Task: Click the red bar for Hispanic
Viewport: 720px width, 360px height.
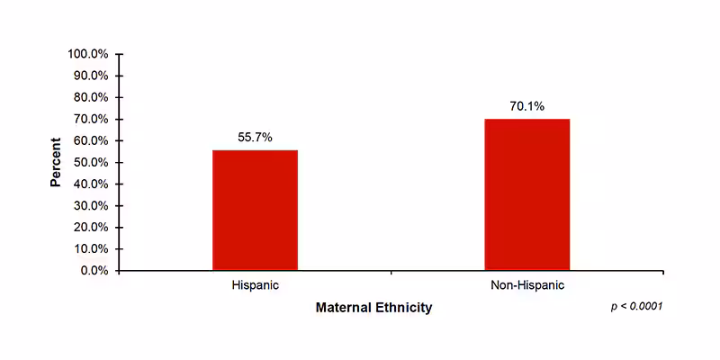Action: click(x=255, y=210)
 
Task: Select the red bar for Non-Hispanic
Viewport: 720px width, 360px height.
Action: click(x=526, y=194)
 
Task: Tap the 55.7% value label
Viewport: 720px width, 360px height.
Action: click(x=255, y=137)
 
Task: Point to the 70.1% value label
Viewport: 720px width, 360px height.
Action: click(x=526, y=106)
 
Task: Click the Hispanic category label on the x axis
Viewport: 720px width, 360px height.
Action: click(x=255, y=285)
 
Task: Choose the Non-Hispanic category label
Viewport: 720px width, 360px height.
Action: click(x=526, y=285)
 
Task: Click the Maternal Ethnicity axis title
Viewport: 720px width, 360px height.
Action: click(x=373, y=308)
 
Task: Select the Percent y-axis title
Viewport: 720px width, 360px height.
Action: click(x=56, y=162)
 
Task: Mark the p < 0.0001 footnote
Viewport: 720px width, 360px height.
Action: click(x=636, y=307)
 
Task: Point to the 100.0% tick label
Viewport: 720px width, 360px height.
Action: click(x=88, y=54)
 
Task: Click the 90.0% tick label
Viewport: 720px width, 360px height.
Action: click(x=91, y=76)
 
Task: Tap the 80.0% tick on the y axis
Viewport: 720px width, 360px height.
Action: click(x=91, y=97)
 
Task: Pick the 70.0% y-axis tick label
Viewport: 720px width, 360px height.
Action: click(x=91, y=119)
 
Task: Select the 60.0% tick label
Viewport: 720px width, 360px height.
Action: click(x=91, y=140)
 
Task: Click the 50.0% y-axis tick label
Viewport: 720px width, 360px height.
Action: click(x=91, y=162)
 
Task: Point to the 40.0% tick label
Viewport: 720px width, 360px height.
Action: click(x=91, y=184)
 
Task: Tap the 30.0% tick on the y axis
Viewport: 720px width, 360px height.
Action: click(x=91, y=205)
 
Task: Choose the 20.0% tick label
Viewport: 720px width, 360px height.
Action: click(x=91, y=227)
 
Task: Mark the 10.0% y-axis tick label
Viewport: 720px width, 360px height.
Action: click(x=91, y=248)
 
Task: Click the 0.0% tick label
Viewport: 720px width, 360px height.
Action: click(x=94, y=270)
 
